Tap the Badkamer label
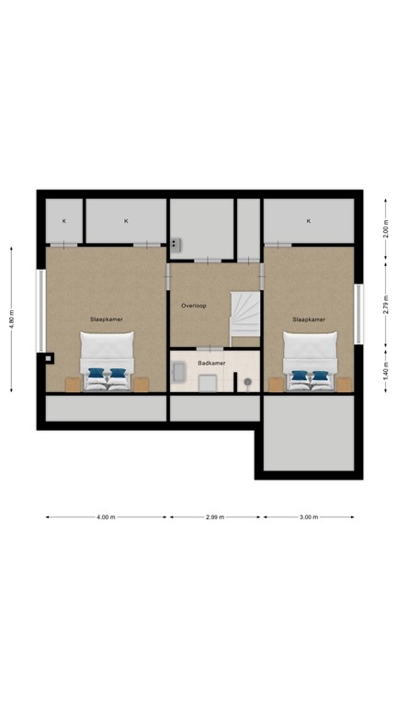[x=211, y=363]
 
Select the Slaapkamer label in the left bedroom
[x=107, y=319]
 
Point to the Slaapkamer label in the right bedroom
[x=309, y=319]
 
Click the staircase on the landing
[x=244, y=318]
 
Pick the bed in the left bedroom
[x=108, y=361]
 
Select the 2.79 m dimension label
[x=386, y=305]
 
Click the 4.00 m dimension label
[x=106, y=517]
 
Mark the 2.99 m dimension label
[x=215, y=517]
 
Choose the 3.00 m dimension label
[x=309, y=517]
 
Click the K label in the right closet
[x=309, y=221]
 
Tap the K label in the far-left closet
[x=64, y=221]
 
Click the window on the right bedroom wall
[x=358, y=313]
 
